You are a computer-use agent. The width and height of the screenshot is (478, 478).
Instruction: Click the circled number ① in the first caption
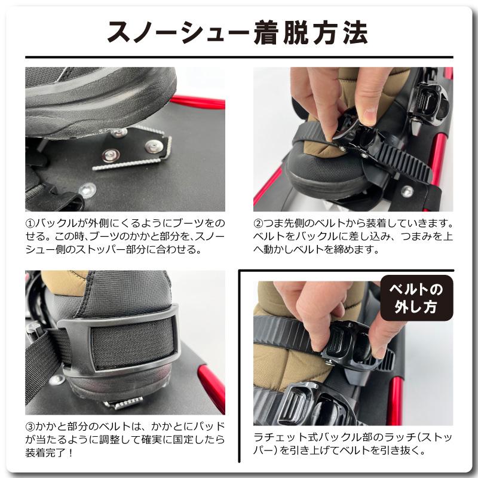click(x=31, y=224)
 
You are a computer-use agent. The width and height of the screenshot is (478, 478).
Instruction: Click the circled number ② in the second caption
click(x=259, y=224)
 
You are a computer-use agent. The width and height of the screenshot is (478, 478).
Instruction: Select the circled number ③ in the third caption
click(x=31, y=427)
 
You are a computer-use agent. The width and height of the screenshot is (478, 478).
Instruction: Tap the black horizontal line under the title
click(x=239, y=57)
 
